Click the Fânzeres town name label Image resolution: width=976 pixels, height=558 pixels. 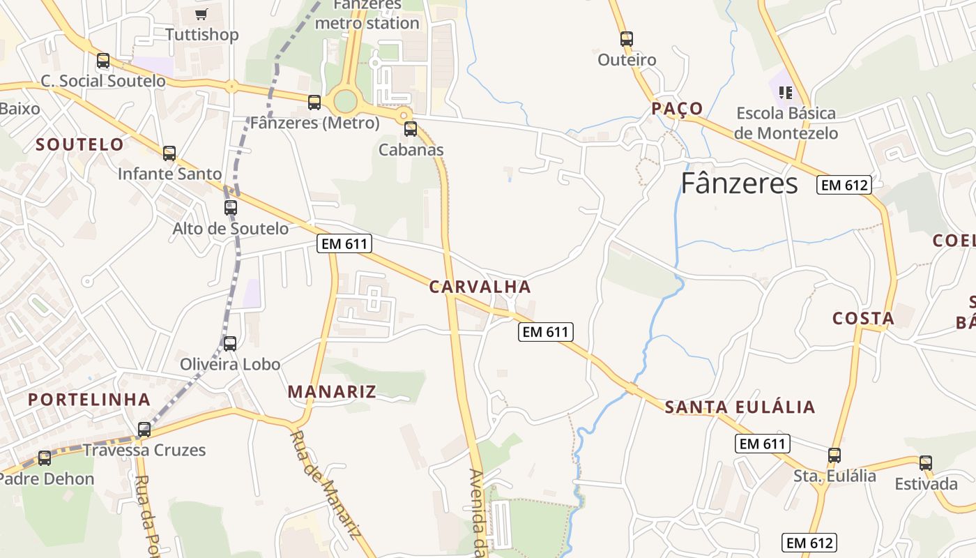click(739, 183)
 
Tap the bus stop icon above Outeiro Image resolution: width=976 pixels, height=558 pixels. click(626, 39)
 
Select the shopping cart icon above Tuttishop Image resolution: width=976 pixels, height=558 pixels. click(201, 14)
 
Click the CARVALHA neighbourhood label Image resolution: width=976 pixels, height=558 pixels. click(480, 287)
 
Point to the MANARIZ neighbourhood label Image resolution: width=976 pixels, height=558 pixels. click(332, 392)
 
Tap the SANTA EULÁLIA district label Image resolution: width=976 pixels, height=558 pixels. click(740, 407)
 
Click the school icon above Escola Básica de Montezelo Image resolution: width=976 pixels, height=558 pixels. click(786, 92)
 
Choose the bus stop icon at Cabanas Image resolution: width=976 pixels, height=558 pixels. click(411, 128)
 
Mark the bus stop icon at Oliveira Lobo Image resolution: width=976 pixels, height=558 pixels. click(229, 343)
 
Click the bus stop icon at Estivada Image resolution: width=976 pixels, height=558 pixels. click(925, 462)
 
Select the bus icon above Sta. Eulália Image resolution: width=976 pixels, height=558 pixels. click(834, 455)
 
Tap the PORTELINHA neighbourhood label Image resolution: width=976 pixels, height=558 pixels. click(89, 400)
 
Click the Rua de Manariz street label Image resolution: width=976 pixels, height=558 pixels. click(325, 484)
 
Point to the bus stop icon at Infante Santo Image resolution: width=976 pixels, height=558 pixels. click(169, 153)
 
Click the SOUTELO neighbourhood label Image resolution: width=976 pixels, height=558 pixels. click(79, 144)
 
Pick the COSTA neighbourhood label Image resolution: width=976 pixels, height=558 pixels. click(863, 319)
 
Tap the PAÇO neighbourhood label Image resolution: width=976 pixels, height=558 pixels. click(677, 108)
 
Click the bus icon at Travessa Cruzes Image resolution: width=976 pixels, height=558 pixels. click(144, 430)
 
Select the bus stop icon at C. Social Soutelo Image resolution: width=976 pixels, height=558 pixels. click(103, 61)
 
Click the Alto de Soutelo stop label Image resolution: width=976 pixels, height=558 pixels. click(231, 229)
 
